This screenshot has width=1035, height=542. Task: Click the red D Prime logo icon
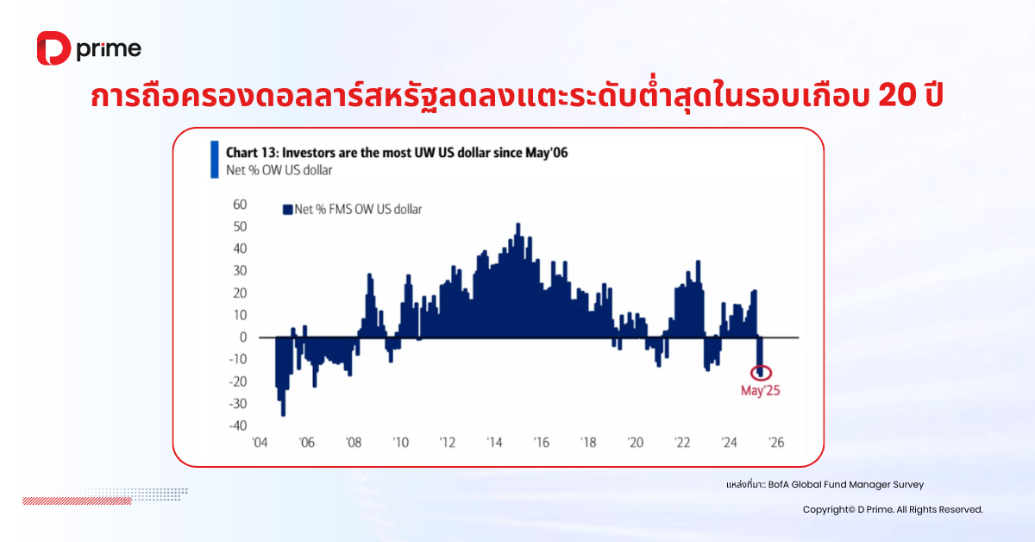click(x=53, y=48)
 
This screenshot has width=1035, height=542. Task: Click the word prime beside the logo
click(x=109, y=49)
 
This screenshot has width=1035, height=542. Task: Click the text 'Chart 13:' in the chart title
click(x=252, y=153)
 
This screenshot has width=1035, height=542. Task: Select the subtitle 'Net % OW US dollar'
click(x=279, y=170)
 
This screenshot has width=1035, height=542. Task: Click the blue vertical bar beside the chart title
click(x=215, y=160)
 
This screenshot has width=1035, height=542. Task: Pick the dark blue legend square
click(x=287, y=210)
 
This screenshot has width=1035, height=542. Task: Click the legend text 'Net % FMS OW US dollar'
click(x=358, y=210)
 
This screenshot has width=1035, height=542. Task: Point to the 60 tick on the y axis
click(x=240, y=205)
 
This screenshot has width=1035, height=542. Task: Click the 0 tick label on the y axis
click(x=243, y=337)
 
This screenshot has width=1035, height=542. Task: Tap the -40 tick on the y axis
click(x=238, y=425)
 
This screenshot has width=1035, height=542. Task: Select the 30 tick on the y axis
click(x=240, y=270)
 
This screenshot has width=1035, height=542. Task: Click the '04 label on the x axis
click(x=260, y=443)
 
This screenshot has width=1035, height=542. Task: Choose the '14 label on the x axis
click(x=494, y=443)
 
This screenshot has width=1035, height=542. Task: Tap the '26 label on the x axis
click(x=776, y=443)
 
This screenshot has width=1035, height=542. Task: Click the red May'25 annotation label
click(x=760, y=391)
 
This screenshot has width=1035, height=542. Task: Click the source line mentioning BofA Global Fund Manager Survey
click(x=825, y=485)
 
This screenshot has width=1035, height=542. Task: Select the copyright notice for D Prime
click(x=893, y=509)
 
